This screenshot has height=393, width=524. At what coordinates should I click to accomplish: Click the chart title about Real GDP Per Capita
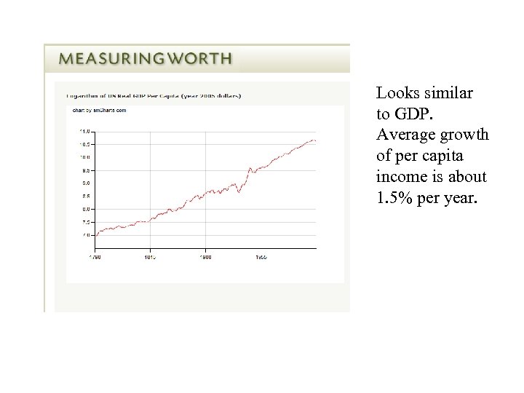[154, 95]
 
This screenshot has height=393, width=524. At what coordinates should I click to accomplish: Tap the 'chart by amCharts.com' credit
[100, 111]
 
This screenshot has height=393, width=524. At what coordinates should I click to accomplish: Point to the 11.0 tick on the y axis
[84, 132]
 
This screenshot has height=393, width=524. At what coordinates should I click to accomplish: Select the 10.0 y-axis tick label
[84, 157]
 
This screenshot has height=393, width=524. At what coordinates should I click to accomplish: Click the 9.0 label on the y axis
[85, 183]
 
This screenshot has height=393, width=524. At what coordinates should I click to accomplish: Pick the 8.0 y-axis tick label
[85, 209]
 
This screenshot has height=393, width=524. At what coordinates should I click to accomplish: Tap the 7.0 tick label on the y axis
[85, 235]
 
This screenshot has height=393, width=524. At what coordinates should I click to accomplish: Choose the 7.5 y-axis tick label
[85, 222]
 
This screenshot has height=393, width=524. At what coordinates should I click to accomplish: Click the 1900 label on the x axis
[206, 257]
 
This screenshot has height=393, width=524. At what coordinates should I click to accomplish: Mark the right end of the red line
[315, 140]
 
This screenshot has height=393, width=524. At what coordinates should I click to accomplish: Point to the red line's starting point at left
[96, 234]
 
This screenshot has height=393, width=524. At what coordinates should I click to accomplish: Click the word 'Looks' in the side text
[394, 93]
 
